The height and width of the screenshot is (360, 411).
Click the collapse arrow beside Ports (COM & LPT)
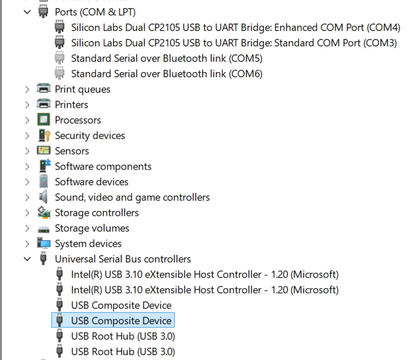pyautogui.click(x=27, y=12)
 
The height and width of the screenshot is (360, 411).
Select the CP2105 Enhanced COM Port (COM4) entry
pyautogui.click(x=236, y=27)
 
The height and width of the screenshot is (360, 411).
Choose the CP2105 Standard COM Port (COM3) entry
pyautogui.click(x=234, y=43)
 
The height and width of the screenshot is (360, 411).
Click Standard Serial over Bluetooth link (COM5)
pyautogui.click(x=167, y=58)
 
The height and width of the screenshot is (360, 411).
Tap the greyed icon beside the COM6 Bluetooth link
pyautogui.click(x=59, y=74)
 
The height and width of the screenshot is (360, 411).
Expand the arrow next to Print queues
pyautogui.click(x=27, y=90)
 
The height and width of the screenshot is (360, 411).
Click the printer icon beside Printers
pyautogui.click(x=43, y=104)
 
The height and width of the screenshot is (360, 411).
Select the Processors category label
pyautogui.click(x=78, y=120)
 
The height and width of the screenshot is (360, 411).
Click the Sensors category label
pyautogui.click(x=72, y=151)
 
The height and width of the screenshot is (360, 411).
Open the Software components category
pyautogui.click(x=103, y=167)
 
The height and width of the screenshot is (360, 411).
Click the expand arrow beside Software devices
pyautogui.click(x=27, y=182)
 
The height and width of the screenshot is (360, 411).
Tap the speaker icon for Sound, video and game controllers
pyautogui.click(x=43, y=197)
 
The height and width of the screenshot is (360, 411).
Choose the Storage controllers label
pyautogui.click(x=96, y=213)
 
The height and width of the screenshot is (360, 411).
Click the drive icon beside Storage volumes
pyautogui.click(x=43, y=230)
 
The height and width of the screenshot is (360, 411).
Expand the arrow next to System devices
pyautogui.click(x=27, y=244)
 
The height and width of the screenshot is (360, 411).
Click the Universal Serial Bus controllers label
pyautogui.click(x=123, y=259)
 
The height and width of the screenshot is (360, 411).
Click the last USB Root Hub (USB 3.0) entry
pyautogui.click(x=123, y=351)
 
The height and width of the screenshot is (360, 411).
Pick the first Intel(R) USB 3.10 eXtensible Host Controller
pyautogui.click(x=205, y=274)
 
